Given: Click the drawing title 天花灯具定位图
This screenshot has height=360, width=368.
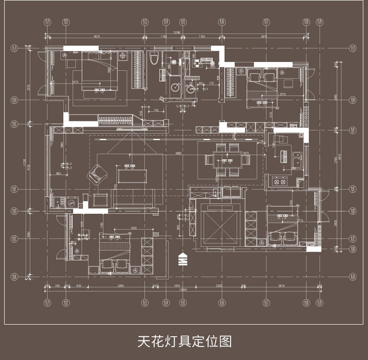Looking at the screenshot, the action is pyautogui.click(x=184, y=341).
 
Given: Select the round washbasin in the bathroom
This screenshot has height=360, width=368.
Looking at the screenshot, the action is pyautogui.click(x=175, y=87).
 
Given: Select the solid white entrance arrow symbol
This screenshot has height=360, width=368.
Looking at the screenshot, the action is pyautogui.click(x=184, y=259).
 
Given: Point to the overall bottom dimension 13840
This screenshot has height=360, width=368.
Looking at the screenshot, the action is pyautogui.click(x=183, y=289).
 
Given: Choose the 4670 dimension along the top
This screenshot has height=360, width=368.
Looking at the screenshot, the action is pyautogui.click(x=97, y=36).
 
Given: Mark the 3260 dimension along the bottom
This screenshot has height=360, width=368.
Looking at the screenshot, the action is pyautogui.click(x=121, y=285).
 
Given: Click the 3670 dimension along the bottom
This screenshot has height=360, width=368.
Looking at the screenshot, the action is pyautogui.click(x=281, y=285).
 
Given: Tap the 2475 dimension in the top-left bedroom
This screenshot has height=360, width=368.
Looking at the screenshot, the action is pyautogui.click(x=75, y=82).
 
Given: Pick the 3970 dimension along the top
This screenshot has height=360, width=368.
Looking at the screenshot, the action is pyautogui.click(x=264, y=36).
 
